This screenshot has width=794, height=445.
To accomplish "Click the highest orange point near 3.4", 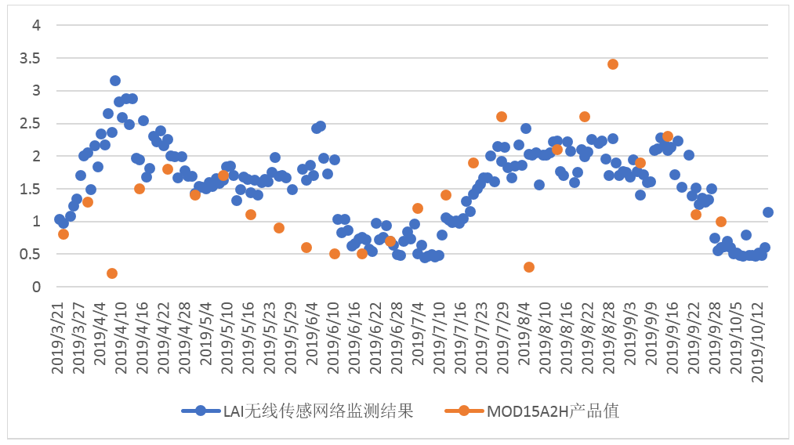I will pyautogui.click(x=613, y=64).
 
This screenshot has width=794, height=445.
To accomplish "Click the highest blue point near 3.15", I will pyautogui.click(x=115, y=81).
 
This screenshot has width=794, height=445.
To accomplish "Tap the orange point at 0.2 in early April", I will pyautogui.click(x=112, y=273).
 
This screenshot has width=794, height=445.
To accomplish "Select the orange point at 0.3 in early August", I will pyautogui.click(x=529, y=267).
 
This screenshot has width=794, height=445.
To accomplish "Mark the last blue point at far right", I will pyautogui.click(x=768, y=212).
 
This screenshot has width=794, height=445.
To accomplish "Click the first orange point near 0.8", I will pyautogui.click(x=63, y=234).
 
